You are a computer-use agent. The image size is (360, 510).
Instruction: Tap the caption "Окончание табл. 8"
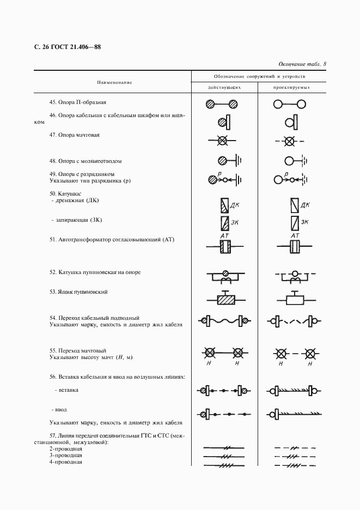302,64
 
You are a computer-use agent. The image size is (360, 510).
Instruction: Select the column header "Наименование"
114,82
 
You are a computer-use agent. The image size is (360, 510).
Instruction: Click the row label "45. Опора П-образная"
78,102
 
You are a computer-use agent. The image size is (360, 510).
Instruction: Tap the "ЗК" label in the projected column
305,222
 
